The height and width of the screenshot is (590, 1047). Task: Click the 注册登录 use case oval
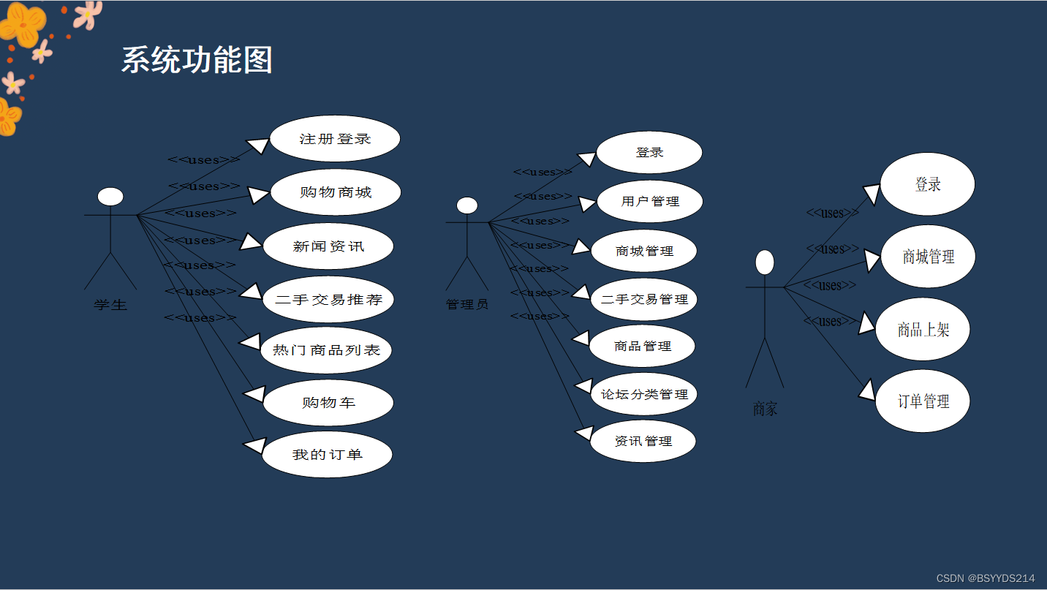tap(335, 139)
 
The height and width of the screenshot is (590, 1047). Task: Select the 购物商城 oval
tap(336, 192)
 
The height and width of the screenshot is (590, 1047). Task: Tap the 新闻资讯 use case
tap(328, 246)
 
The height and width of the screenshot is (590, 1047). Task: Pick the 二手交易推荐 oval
tap(328, 299)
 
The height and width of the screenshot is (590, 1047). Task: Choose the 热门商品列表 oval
tap(326, 350)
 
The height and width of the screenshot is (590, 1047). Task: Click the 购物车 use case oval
tap(328, 403)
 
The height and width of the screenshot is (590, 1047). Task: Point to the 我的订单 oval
tap(327, 455)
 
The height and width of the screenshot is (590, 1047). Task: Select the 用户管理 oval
tap(650, 201)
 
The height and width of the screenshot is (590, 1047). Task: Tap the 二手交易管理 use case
tap(644, 299)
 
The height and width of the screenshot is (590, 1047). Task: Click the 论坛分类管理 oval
tap(644, 394)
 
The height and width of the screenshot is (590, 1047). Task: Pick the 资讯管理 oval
tap(643, 441)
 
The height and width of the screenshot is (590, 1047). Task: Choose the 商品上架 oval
tap(923, 330)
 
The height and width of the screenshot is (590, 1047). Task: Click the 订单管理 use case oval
tap(923, 401)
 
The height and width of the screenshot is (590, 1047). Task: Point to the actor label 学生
tap(110, 305)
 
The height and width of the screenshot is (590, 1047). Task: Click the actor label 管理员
tap(467, 304)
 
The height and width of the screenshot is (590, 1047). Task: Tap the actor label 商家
tap(765, 409)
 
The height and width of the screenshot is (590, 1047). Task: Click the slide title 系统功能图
tap(197, 60)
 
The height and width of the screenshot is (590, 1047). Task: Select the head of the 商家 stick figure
tap(765, 262)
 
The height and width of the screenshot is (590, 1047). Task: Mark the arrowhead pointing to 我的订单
tap(253, 445)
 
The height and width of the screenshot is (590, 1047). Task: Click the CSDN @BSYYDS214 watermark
tap(986, 578)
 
